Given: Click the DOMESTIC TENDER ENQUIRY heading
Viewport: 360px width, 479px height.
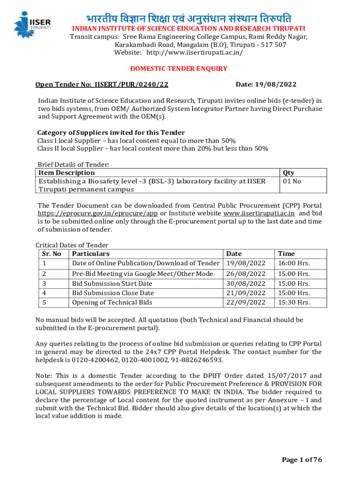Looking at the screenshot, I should click(179, 69).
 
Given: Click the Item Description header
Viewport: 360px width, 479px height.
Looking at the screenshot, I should click(66, 173).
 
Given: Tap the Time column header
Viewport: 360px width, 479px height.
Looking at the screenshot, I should click(286, 254).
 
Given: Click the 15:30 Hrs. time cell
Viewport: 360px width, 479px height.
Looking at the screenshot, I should click(294, 302).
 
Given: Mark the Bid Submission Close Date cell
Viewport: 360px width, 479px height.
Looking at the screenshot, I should click(113, 293).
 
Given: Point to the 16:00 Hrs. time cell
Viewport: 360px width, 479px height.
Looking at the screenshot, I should click(294, 263).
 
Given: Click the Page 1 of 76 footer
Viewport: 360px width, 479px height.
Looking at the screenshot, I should click(302, 460).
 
